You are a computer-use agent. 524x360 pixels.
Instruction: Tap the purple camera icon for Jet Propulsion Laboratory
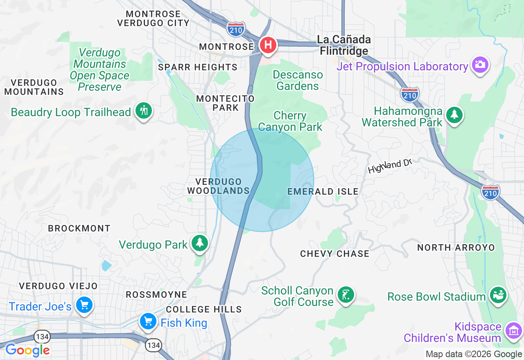(x=480, y=65)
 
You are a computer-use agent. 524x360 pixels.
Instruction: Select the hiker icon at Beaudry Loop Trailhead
(x=143, y=110)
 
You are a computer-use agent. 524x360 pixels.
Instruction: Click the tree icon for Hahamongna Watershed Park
(x=454, y=115)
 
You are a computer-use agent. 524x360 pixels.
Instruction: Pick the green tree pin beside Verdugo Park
(x=200, y=243)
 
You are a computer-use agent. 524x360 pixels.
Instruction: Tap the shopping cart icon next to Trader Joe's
(x=84, y=305)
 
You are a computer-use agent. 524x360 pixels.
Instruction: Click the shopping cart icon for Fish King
(x=148, y=321)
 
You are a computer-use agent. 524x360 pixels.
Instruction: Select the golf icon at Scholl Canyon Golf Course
(x=346, y=295)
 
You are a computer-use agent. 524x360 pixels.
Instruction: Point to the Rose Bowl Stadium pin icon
(x=498, y=295)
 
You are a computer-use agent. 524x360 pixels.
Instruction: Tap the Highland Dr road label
(x=389, y=166)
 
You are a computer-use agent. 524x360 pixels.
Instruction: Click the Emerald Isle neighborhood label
(x=323, y=191)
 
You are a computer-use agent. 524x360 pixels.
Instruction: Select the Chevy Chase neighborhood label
(x=334, y=254)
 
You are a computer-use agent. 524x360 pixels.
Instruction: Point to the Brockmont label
(x=79, y=228)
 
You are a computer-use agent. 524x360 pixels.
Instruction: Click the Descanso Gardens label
(x=298, y=81)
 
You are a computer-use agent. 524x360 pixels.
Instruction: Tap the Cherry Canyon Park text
(x=290, y=122)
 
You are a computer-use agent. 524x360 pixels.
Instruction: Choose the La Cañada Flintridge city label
(x=344, y=45)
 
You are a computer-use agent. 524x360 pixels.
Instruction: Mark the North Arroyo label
(x=456, y=248)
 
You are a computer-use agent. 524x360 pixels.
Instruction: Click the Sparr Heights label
(x=198, y=67)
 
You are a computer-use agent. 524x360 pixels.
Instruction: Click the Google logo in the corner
(x=27, y=350)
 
